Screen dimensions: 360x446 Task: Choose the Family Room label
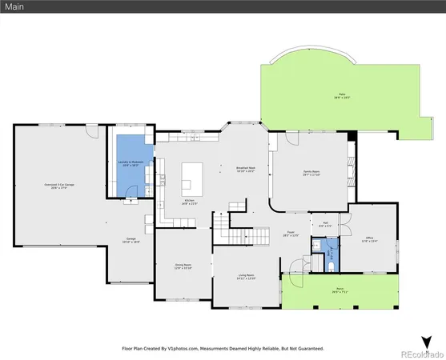pyautogui.click(x=311, y=173)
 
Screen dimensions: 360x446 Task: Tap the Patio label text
pyautogui.click(x=342, y=96)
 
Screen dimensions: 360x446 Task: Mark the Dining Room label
pyautogui.click(x=183, y=266)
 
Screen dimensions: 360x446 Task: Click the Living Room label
pyautogui.click(x=247, y=276)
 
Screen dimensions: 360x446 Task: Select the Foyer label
pyautogui.click(x=290, y=234)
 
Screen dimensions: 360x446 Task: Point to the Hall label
pyautogui.click(x=325, y=225)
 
